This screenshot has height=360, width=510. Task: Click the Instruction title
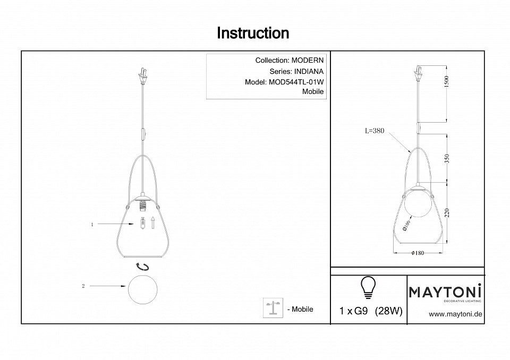pyautogui.click(x=253, y=33)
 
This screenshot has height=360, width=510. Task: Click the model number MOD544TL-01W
pyautogui.click(x=296, y=82)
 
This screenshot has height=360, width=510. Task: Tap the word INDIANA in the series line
pyautogui.click(x=309, y=72)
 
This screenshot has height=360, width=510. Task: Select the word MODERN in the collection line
pyautogui.click(x=308, y=60)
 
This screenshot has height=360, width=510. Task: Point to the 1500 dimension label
pyautogui.click(x=446, y=82)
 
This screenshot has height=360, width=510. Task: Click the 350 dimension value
pyautogui.click(x=447, y=159)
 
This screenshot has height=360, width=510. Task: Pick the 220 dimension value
pyautogui.click(x=447, y=213)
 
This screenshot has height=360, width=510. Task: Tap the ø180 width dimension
pyautogui.click(x=418, y=253)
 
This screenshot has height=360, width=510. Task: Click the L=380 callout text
pyautogui.click(x=375, y=131)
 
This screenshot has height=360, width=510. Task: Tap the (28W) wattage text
pyautogui.click(x=389, y=311)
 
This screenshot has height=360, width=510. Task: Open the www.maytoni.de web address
pyautogui.click(x=455, y=314)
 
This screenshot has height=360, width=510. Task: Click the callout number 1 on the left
pyautogui.click(x=92, y=225)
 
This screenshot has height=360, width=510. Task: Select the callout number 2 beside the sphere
pyautogui.click(x=83, y=286)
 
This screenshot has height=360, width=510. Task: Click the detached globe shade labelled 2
pyautogui.click(x=143, y=289)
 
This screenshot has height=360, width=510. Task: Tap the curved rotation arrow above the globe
pyautogui.click(x=143, y=267)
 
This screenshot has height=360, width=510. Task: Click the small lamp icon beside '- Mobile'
pyautogui.click(x=273, y=307)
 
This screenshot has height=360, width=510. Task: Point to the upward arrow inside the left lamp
pyautogui.click(x=152, y=223)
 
